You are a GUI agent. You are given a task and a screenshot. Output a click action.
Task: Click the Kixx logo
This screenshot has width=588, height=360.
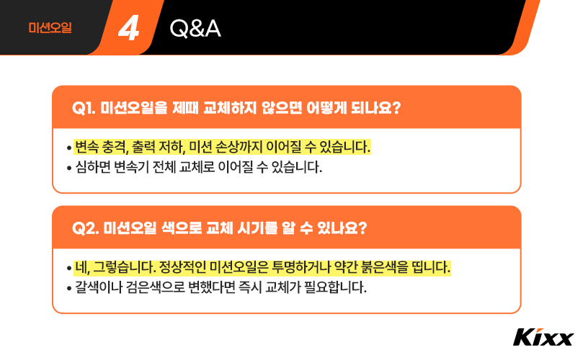coord(543,337)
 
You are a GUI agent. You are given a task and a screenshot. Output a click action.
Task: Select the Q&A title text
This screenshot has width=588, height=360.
coord(195,29)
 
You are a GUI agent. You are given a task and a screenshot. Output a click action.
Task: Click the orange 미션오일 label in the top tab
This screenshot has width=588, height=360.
coord(50,29)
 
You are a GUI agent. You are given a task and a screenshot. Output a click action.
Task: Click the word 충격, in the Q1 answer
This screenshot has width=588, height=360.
coord(115,148)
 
